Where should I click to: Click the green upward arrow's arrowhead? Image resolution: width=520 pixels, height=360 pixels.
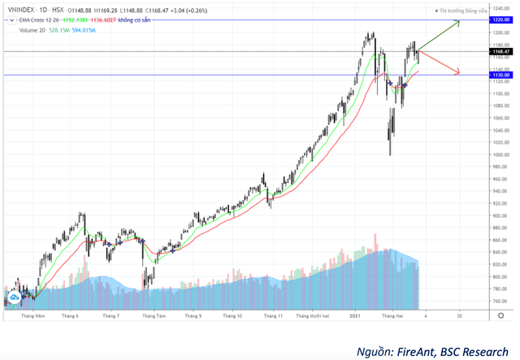point(458,23)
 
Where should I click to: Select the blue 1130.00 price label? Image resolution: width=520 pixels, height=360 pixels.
point(500,75)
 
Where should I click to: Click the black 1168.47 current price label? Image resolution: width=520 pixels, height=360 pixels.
point(500,51)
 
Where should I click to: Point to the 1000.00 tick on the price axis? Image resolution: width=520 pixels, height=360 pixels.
point(500,154)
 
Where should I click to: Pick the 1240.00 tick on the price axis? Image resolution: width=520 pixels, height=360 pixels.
point(500,9)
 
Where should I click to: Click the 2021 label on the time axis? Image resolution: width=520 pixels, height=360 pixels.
point(354,314)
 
